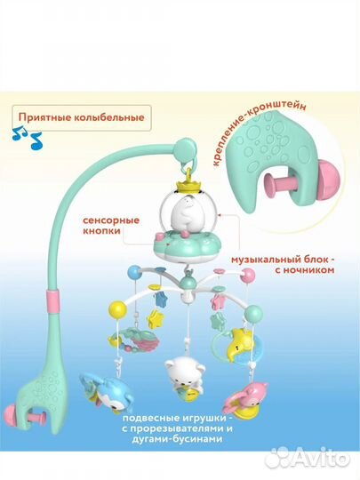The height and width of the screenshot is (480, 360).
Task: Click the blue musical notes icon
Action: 27,138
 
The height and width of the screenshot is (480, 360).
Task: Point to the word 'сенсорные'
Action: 111,220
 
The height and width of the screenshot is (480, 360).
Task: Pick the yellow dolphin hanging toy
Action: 241,341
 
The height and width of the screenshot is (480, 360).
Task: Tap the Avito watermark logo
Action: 307,460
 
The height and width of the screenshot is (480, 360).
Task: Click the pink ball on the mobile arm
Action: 248,276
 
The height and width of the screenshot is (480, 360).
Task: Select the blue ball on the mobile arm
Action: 133,272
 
